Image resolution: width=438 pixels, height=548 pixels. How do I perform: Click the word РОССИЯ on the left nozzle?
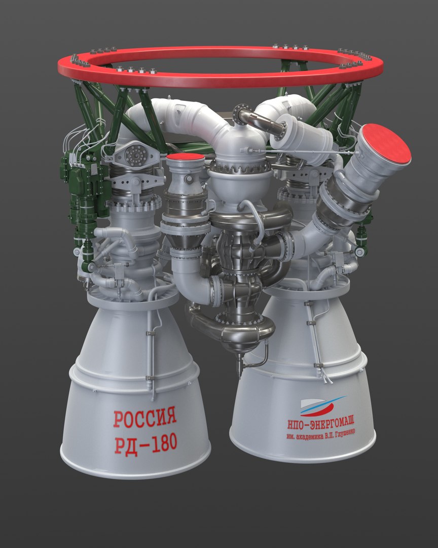pos(144,419)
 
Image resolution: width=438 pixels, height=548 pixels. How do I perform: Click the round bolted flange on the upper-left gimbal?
pos(136,156)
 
